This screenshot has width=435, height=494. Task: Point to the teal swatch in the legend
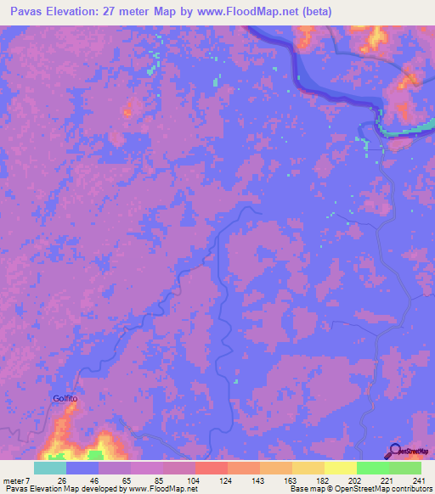click(x=50, y=468)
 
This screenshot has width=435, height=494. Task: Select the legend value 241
click(x=416, y=480)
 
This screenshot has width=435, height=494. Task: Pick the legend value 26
click(x=61, y=480)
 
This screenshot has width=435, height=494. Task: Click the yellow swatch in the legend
click(x=340, y=468)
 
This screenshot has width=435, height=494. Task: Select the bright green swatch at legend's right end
click(x=404, y=468)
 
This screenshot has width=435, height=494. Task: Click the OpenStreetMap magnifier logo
click(x=397, y=452)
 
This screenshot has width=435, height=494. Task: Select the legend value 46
click(x=93, y=480)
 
